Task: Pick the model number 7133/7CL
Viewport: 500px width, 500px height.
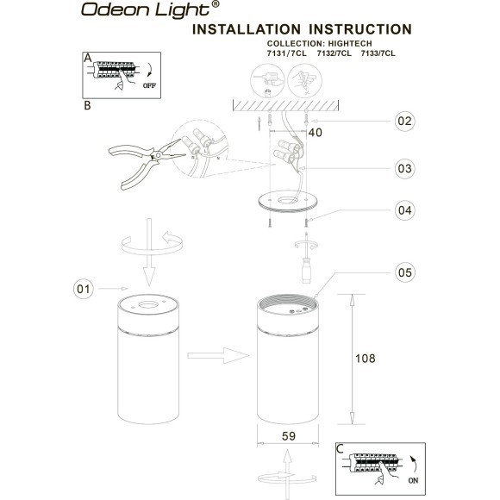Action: [377, 53]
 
